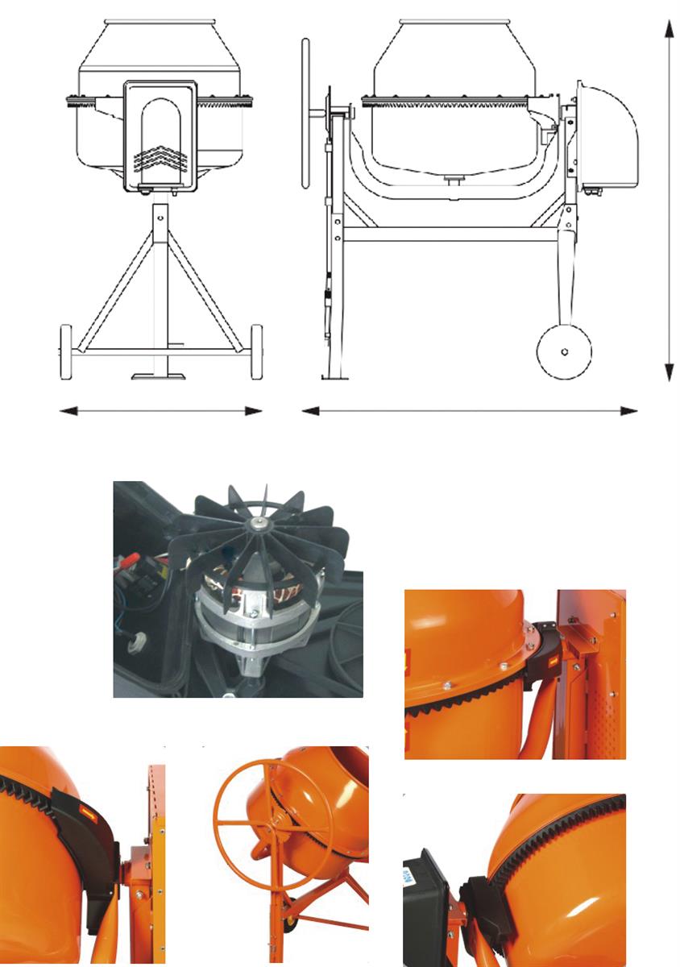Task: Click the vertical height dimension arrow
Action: click(668, 201)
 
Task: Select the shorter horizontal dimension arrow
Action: click(161, 411)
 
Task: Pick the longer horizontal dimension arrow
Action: click(469, 411)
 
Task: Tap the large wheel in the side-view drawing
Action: click(564, 351)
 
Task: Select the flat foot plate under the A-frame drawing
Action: click(160, 376)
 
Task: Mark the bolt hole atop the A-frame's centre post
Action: click(160, 216)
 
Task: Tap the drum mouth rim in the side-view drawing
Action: click(454, 21)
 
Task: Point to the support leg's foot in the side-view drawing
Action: click(334, 376)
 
